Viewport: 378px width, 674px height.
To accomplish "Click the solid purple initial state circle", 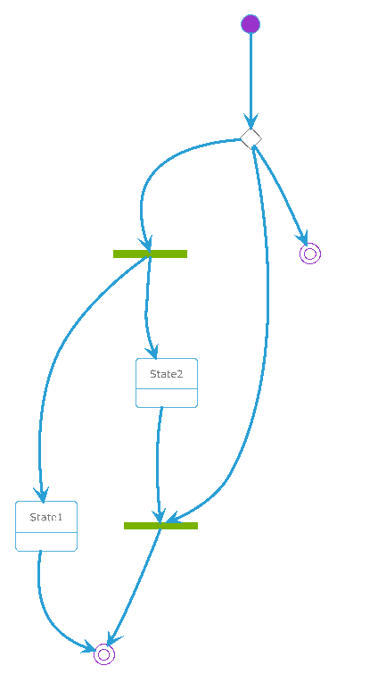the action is coord(251,23).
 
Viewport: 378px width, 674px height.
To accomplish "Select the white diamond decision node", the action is coord(251,139).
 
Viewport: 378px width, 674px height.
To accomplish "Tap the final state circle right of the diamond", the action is coord(310,254).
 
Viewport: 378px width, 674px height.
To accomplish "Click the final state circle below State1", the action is coord(104,654).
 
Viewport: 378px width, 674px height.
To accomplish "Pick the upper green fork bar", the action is coord(150,254).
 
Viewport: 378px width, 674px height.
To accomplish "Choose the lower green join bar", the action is coord(160,526).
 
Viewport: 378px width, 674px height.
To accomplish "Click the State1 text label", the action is coord(46,517).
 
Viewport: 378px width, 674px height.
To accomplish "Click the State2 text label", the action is coord(167,374).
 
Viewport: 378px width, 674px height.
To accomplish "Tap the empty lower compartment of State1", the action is coord(46,542).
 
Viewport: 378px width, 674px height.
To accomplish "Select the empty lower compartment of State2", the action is coord(167,398).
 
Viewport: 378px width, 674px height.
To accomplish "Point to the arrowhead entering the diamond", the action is coord(251,122).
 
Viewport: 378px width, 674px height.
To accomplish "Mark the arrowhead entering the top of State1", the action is coord(42,495).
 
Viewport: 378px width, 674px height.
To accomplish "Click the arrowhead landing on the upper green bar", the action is coord(145,244).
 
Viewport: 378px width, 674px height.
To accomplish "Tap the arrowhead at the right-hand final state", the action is coord(302,237).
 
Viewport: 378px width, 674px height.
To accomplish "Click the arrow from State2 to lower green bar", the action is coord(158,464).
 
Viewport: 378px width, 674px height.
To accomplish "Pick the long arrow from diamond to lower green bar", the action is coord(267,327).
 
